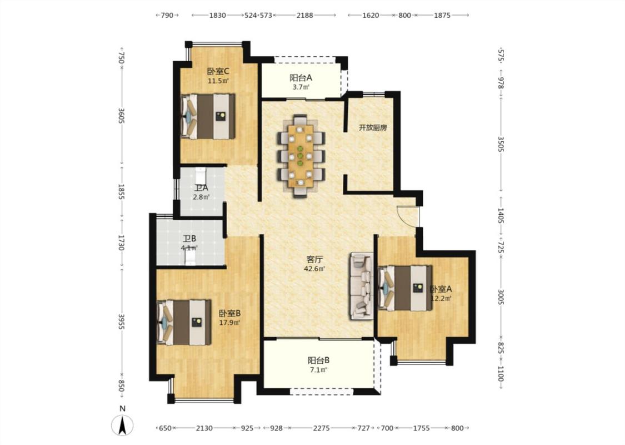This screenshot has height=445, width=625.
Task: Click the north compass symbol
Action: click(x=122, y=425)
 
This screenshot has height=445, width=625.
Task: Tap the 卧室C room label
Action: click(x=218, y=71)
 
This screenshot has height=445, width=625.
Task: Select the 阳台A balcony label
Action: click(x=301, y=78)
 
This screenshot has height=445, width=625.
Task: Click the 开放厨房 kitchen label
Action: click(x=373, y=128)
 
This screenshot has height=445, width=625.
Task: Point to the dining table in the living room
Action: click(x=301, y=156)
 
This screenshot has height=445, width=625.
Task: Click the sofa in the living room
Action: click(x=362, y=286)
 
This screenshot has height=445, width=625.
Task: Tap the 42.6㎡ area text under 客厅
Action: click(x=314, y=269)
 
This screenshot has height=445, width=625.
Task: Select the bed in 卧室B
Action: click(x=184, y=323)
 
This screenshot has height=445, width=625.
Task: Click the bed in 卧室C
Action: click(x=208, y=116)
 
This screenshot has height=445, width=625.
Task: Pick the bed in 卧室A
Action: click(x=405, y=288)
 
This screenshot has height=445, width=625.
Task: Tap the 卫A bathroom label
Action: click(x=201, y=187)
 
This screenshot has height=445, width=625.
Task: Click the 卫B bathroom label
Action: click(x=189, y=239)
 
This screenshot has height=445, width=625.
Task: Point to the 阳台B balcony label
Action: click(x=318, y=360)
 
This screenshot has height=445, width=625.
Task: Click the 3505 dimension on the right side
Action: click(x=501, y=144)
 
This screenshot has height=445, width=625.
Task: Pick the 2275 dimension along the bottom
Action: click(x=321, y=428)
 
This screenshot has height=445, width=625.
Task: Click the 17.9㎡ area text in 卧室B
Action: click(x=229, y=323)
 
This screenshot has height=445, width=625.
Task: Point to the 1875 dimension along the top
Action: click(x=442, y=15)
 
